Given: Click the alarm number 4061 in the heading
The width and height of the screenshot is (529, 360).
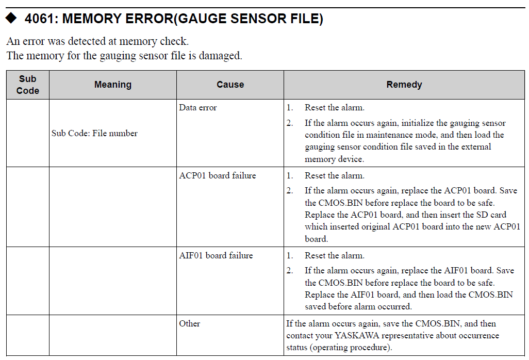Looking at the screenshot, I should coord(40,20).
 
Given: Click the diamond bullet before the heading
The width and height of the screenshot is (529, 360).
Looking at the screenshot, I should coord(11,20).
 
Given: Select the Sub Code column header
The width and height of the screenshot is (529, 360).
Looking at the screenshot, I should coord(28,85).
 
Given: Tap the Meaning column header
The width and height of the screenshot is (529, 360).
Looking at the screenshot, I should coord(112,85).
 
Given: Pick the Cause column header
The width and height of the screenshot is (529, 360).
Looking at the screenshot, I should coord(230,85).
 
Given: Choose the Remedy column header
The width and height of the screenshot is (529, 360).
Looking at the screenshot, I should coord(404,85).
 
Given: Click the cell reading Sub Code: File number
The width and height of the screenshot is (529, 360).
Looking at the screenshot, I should coord(94,133).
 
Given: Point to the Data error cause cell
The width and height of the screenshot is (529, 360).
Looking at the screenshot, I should coord(198,108).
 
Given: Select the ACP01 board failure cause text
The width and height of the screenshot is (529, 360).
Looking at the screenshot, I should coord(217,175).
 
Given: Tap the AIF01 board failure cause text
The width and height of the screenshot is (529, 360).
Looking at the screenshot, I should coord(216,255).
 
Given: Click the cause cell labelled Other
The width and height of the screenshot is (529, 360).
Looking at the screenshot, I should coord(189,323).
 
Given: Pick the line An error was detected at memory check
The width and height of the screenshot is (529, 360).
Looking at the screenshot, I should coord(97,41).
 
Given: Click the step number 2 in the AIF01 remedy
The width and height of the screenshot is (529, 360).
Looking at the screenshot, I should coord(290,270).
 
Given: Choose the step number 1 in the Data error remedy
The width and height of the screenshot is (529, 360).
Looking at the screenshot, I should coord(290,108).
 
